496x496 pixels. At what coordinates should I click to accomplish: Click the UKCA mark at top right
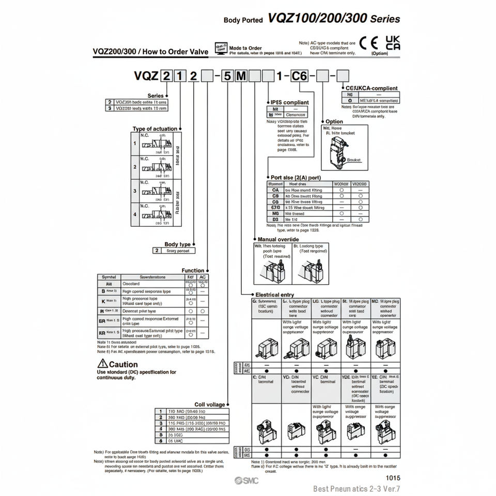[393, 42]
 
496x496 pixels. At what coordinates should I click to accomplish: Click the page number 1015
[392, 478]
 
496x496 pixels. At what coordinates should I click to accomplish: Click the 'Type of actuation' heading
[154, 129]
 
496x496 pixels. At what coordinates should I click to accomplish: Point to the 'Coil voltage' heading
[210, 405]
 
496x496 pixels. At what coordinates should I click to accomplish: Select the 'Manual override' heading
[278, 240]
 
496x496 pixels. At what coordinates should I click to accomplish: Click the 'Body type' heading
[177, 244]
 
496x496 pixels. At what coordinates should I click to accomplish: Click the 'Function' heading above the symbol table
[193, 270]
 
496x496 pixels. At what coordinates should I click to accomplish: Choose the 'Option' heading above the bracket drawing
[334, 122]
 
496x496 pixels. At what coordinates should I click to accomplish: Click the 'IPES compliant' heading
[289, 102]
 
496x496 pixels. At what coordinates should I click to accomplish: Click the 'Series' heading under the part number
[156, 96]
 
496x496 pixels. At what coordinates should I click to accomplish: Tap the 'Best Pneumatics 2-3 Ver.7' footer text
[357, 488]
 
